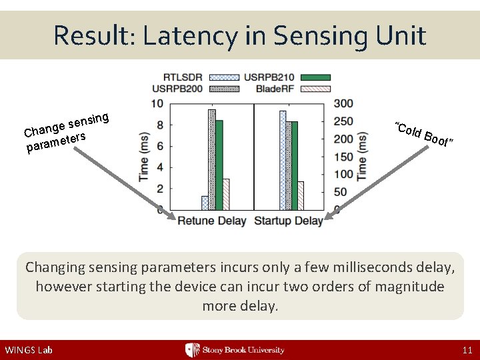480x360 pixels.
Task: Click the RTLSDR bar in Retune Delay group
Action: click(x=205, y=203)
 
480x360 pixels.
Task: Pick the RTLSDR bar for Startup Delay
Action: click(x=283, y=160)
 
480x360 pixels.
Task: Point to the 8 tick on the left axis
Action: click(x=157, y=125)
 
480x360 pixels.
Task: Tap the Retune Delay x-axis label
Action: click(x=212, y=221)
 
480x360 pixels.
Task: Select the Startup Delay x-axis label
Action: click(x=289, y=221)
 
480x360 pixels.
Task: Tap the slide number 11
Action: click(x=466, y=350)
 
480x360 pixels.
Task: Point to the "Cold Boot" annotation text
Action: click(x=424, y=135)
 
